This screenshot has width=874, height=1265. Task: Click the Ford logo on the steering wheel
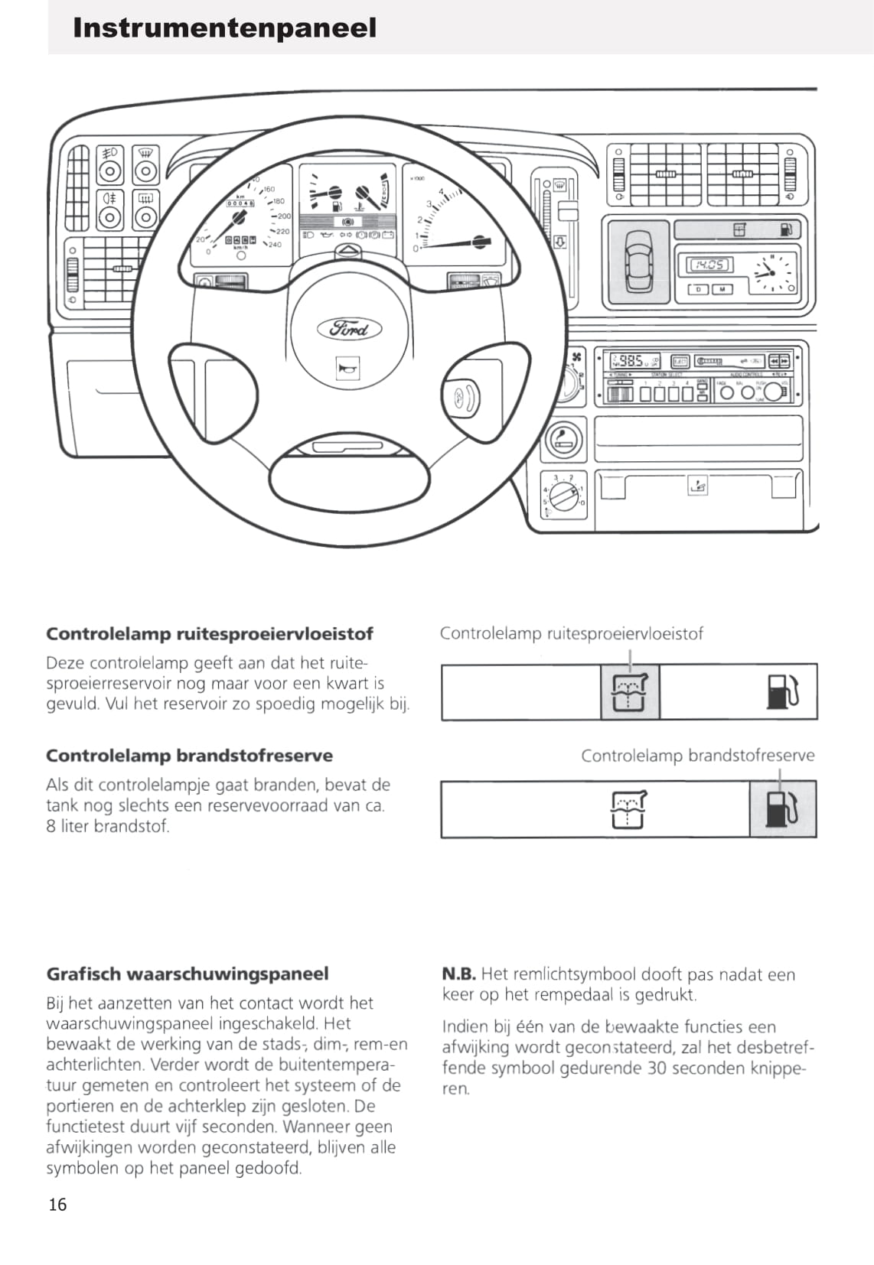coord(349,329)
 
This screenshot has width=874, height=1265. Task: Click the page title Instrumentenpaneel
coord(224,28)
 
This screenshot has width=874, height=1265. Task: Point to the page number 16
coord(57,1205)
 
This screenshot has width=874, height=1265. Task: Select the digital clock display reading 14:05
coord(710,265)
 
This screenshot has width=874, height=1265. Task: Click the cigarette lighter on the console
coord(563,440)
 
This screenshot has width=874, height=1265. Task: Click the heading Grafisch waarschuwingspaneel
coord(188,974)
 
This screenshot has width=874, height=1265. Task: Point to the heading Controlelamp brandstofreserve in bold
coord(189,756)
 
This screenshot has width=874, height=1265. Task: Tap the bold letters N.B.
coord(458,974)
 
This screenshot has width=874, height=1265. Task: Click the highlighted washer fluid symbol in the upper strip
coord(630,692)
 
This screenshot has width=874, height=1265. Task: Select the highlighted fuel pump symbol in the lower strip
coord(782,809)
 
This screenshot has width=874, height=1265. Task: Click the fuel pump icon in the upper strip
coord(782,691)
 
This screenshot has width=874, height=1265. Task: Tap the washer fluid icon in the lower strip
coord(628,809)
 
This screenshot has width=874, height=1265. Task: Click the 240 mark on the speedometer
coord(275,245)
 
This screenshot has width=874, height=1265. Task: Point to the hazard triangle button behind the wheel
coord(348,252)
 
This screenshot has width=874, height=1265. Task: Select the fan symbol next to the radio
coord(578,356)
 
